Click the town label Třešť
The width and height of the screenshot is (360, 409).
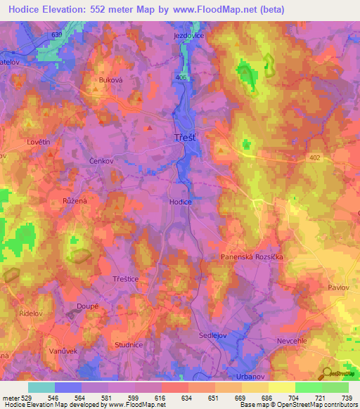[x=186, y=138]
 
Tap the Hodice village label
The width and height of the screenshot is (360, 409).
[x=180, y=201]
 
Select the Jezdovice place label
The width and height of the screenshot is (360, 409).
[x=188, y=34]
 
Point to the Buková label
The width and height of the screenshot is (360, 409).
[x=110, y=80]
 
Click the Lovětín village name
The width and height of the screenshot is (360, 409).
[x=39, y=142]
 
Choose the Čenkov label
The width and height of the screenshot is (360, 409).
[x=101, y=161]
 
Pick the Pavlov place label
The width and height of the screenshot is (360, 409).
[x=339, y=287]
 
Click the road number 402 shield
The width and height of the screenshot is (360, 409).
[x=314, y=159]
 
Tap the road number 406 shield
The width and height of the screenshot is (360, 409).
[x=183, y=78]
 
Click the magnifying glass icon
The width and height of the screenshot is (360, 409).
[x=326, y=373]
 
